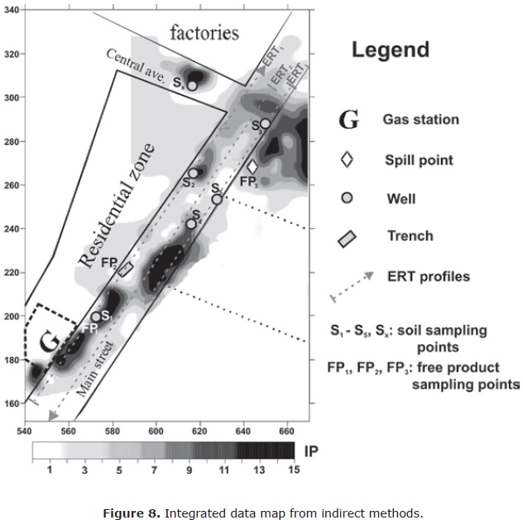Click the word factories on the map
point(204,33)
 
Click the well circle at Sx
point(192,85)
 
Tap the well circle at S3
point(265,124)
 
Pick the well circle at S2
point(194,174)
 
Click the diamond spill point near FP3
point(252,166)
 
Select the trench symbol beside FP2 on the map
point(126,269)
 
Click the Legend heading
point(391,49)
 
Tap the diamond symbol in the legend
point(347,160)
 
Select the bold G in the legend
point(349,121)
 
